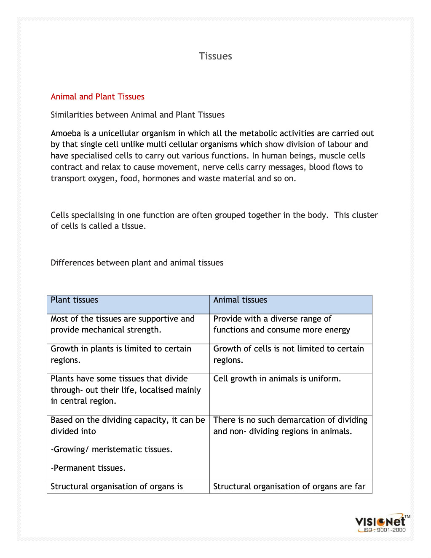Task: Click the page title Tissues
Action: (215, 56)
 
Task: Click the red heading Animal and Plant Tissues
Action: (97, 97)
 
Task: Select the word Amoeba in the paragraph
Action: (66, 134)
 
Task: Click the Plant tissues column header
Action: (75, 300)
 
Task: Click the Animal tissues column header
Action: (240, 300)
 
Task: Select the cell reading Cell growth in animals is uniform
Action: (277, 379)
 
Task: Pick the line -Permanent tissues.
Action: (88, 468)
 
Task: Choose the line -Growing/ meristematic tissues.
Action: (112, 450)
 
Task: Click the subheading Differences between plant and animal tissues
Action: (137, 263)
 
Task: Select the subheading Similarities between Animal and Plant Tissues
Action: (137, 115)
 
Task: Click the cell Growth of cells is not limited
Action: (289, 354)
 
